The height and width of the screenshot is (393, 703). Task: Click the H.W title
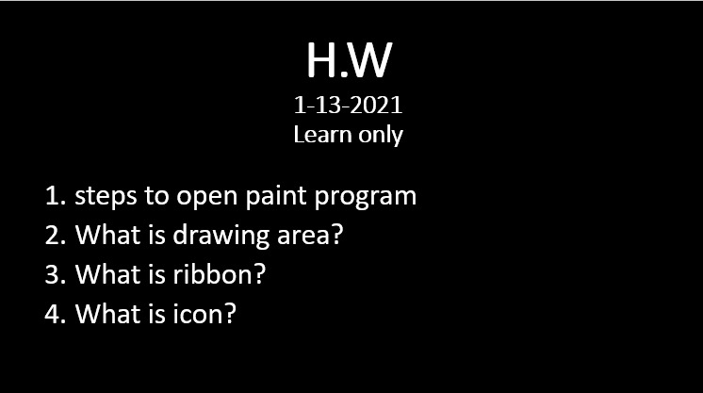click(350, 60)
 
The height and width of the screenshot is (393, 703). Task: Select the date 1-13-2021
click(349, 105)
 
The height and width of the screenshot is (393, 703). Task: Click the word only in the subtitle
click(381, 136)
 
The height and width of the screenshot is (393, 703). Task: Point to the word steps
click(106, 196)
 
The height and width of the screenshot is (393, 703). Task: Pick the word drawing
click(221, 235)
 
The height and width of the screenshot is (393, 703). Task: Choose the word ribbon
click(213, 273)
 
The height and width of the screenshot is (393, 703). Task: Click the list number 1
click(56, 196)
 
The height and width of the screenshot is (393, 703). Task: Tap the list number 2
click(56, 235)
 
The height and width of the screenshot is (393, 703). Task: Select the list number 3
click(56, 274)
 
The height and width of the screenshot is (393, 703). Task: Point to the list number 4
click(56, 314)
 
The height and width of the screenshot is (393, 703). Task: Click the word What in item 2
click(107, 234)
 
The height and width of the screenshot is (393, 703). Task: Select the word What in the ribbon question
click(107, 273)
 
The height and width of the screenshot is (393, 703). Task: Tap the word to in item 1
click(156, 196)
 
